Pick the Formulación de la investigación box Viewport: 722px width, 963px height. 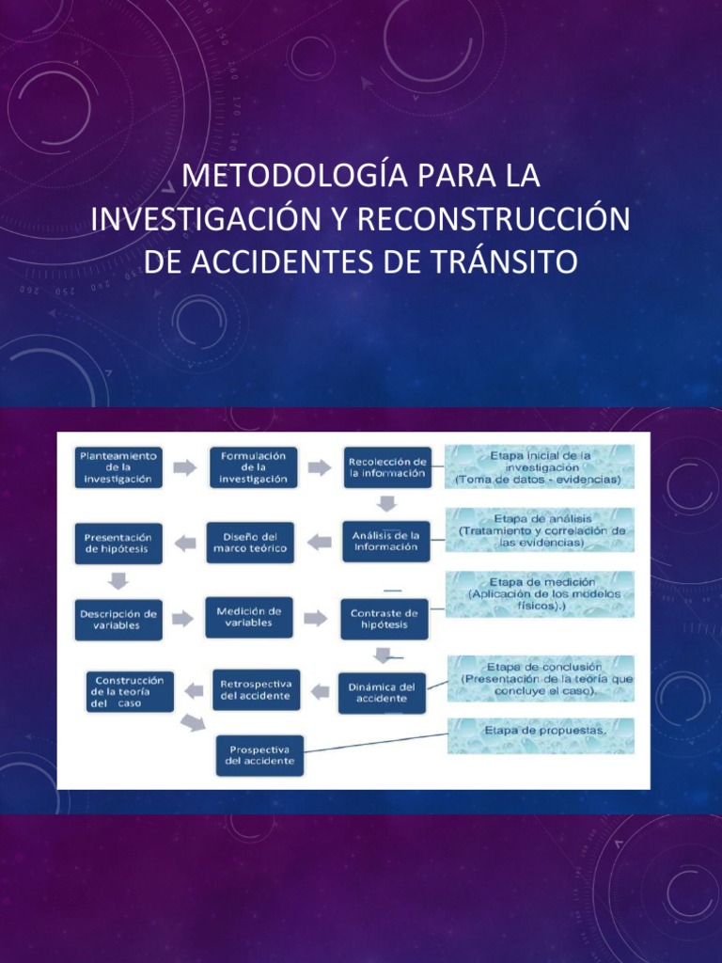pyautogui.click(x=253, y=467)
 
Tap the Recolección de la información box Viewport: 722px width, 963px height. pyautogui.click(x=386, y=467)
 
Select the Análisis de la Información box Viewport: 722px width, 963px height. pyautogui.click(x=385, y=542)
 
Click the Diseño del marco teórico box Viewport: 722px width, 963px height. pyautogui.click(x=250, y=543)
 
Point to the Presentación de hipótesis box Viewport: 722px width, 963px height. pyautogui.click(x=118, y=543)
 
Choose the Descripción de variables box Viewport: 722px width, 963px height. pyautogui.click(x=118, y=619)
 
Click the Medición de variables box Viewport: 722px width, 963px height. pyautogui.click(x=249, y=617)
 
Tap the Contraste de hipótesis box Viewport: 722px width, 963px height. pyautogui.click(x=384, y=619)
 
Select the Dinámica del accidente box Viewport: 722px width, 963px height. pyautogui.click(x=381, y=692)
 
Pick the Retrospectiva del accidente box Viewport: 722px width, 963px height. pyautogui.click(x=256, y=690)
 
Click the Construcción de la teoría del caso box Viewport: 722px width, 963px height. pyautogui.click(x=130, y=691)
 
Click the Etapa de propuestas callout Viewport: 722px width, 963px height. pyautogui.click(x=541, y=735)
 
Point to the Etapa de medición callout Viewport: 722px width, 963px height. pyautogui.click(x=541, y=594)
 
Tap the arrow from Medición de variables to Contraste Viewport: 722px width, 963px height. pyautogui.click(x=316, y=618)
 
